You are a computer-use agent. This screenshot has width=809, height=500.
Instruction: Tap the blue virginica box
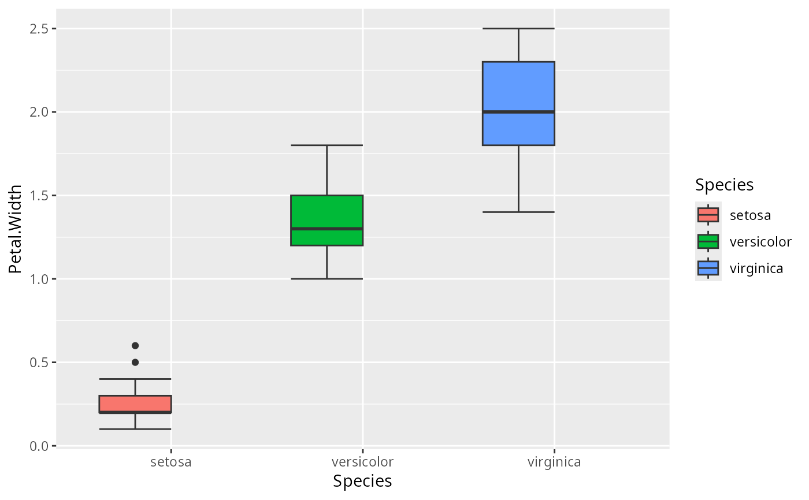518,87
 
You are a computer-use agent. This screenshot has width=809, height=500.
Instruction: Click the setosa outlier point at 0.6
135,345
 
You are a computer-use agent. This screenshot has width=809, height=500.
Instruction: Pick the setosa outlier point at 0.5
135,362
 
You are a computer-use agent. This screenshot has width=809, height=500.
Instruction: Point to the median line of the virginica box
518,111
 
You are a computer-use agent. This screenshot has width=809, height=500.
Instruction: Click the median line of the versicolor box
326,229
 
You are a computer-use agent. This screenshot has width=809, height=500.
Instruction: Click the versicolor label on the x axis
362,462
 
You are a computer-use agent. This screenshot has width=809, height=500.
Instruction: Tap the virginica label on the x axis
554,462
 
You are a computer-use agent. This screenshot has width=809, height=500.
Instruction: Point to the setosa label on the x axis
170,462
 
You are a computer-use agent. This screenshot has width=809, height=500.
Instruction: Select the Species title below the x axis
362,481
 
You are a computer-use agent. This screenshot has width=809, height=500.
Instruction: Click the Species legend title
724,185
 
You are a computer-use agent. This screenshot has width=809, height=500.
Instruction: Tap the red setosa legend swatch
708,215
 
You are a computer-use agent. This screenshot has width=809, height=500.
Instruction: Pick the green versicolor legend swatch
708,241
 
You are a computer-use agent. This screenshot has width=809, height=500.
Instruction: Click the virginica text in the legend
756,268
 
